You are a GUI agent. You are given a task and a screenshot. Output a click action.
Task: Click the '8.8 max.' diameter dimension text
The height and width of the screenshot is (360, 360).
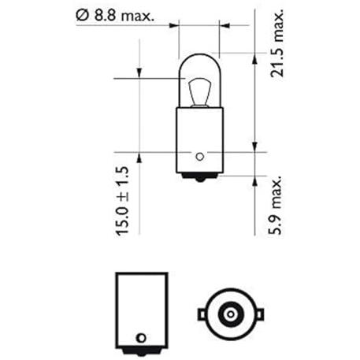pos(124,16)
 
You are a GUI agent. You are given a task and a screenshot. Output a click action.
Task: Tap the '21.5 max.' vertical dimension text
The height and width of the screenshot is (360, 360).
pos(277,43)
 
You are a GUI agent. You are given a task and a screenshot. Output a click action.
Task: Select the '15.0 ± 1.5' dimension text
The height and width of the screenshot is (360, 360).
pos(122,200)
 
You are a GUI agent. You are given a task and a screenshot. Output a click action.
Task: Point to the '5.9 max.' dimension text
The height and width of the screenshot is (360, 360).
pos(275,205)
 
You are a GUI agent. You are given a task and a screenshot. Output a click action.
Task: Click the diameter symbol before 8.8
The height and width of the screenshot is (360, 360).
pos(83,16)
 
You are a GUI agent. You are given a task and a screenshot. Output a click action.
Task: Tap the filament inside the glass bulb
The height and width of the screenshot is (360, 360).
pos(200,92)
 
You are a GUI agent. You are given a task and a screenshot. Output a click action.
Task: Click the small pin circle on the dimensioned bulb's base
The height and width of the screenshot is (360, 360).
pos(200,157)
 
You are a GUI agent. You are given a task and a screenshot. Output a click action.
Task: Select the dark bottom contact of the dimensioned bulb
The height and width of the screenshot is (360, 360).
pos(200,177)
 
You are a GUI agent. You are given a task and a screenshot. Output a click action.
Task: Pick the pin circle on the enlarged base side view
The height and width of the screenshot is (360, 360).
pos(142,338)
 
